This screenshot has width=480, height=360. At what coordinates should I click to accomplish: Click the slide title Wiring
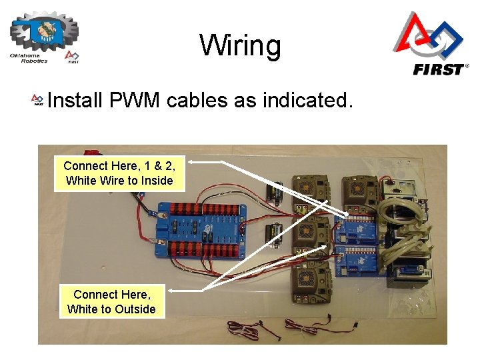point(240,46)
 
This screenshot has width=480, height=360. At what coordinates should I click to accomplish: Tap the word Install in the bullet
point(73,101)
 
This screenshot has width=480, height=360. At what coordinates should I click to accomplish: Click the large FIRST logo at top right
point(429,44)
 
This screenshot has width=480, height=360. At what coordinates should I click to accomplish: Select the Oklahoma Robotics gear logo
point(44,37)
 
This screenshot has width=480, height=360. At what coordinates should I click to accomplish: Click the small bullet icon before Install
point(38,101)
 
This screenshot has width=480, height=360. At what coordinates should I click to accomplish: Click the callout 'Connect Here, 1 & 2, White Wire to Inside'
point(120,173)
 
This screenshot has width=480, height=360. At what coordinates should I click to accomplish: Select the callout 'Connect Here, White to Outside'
point(112,301)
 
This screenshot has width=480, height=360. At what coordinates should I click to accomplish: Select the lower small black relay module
point(273,235)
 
